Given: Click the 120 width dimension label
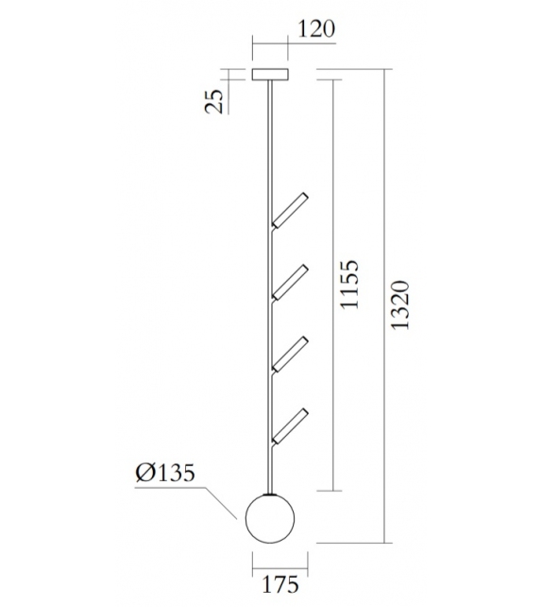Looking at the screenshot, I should coord(314,29).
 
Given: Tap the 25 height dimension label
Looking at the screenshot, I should coord(216,99).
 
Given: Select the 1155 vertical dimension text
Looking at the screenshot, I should coord(351,286).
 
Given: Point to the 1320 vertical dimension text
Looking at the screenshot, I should coord(403,304).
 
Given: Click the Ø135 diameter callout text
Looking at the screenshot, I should coord(166,474).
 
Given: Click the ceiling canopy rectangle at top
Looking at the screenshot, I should coord(271,75).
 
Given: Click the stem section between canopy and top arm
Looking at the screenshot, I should coord(272,142).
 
